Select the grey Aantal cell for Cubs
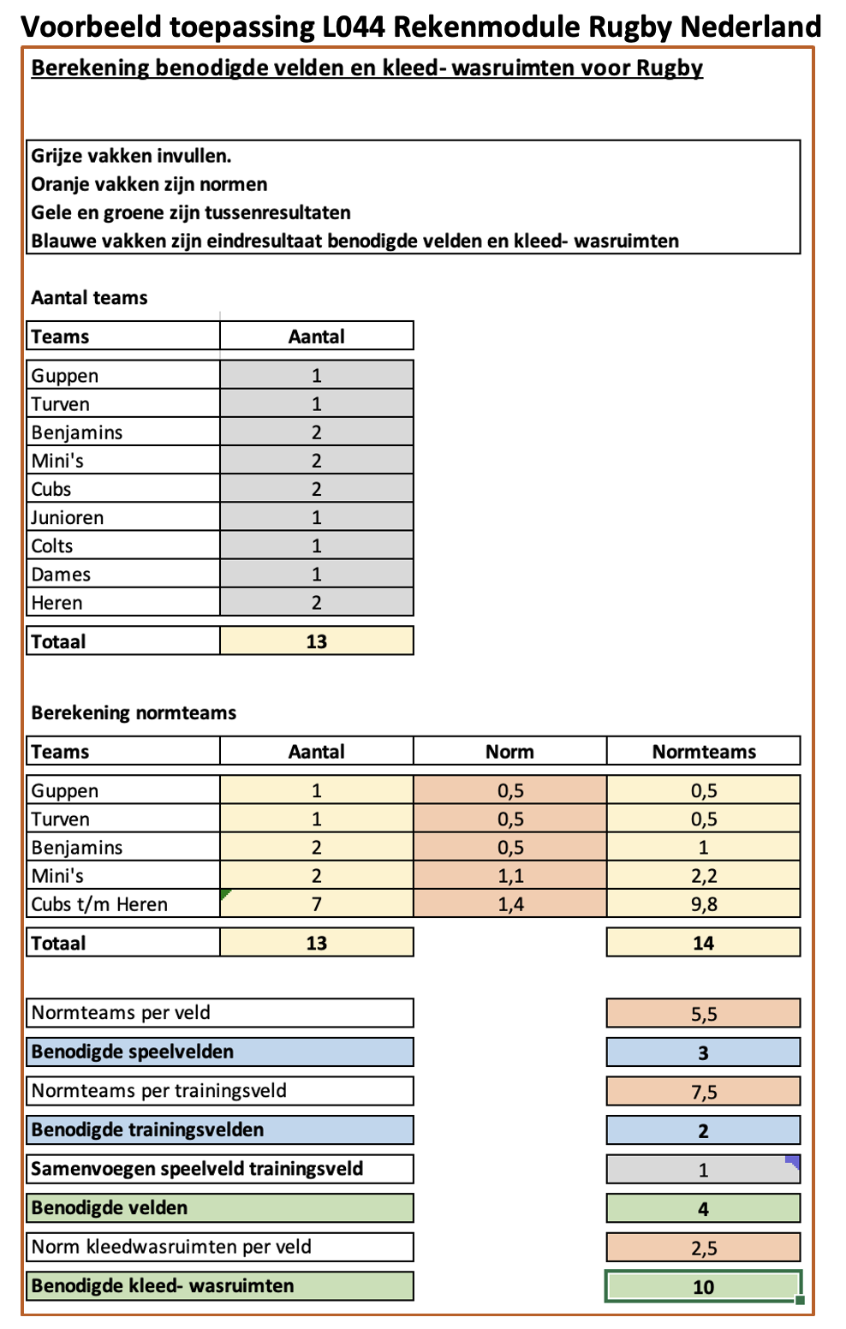click(x=316, y=489)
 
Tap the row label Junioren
click(x=68, y=517)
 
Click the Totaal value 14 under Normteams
click(x=703, y=943)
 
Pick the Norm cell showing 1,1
click(x=510, y=876)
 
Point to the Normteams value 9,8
click(x=703, y=904)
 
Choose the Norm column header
click(x=509, y=751)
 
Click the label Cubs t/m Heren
click(x=99, y=904)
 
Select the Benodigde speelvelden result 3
click(x=703, y=1052)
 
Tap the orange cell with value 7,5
click(x=703, y=1092)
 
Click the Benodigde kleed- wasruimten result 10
click(x=703, y=1286)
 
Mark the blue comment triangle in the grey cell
click(x=794, y=1161)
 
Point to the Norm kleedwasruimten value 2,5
click(x=703, y=1248)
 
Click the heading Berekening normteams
click(x=134, y=712)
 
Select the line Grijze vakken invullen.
click(x=131, y=156)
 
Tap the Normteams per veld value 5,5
click(x=703, y=1014)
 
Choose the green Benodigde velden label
click(x=110, y=1208)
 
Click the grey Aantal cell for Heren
click(x=316, y=602)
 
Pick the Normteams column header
click(x=703, y=751)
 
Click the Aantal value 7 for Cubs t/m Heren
click(x=316, y=904)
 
